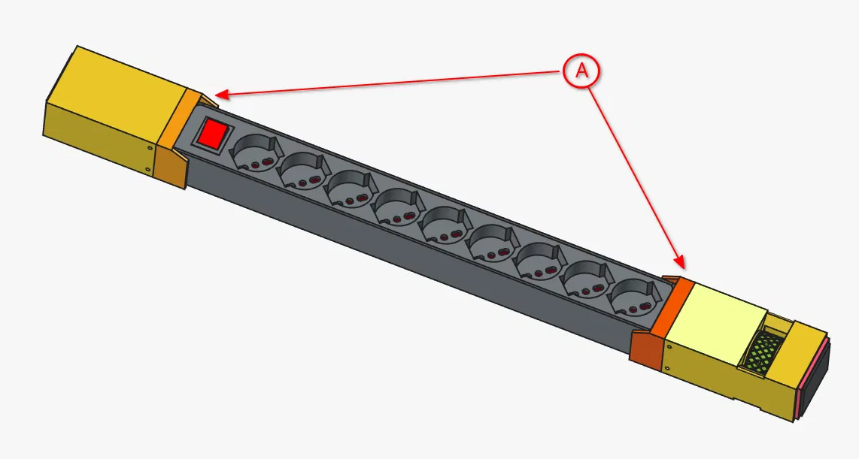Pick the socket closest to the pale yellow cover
pyautogui.click(x=634, y=296)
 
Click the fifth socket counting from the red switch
pyautogui.click(x=443, y=224)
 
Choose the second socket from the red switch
pyautogui.click(x=300, y=171)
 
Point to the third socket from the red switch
pyautogui.click(x=348, y=189)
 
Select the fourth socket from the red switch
pyautogui.click(x=396, y=207)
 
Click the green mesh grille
pyautogui.click(x=764, y=352)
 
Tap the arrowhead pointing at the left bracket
pyautogui.click(x=219, y=95)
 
